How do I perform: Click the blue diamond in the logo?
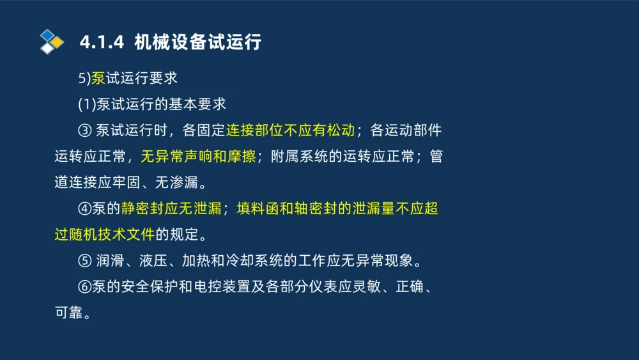(x=47, y=35)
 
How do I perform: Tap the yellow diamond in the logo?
(x=58, y=42)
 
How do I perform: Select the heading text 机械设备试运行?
(x=198, y=43)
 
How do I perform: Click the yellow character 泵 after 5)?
(x=98, y=78)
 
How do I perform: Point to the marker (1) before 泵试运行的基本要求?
(x=87, y=104)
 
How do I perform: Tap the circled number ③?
(x=85, y=130)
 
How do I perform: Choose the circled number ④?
(x=85, y=208)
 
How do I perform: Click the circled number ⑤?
(x=85, y=261)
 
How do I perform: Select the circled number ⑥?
(x=85, y=287)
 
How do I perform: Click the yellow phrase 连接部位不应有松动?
(x=290, y=130)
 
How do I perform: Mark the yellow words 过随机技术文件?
(x=105, y=235)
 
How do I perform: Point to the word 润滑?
(x=109, y=261)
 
